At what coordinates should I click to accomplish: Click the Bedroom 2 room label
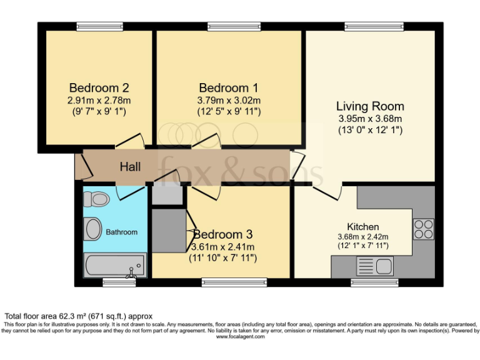tap(99, 87)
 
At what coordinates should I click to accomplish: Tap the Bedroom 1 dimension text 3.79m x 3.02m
tap(229, 100)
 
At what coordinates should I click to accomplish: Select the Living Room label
tap(370, 106)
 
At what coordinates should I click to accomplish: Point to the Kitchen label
tap(362, 226)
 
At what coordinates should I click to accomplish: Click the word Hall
tap(130, 167)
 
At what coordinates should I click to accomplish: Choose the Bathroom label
tap(121, 232)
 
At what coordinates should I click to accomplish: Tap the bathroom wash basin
tap(93, 229)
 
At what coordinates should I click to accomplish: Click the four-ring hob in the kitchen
tap(423, 229)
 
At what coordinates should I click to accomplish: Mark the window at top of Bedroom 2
tap(99, 26)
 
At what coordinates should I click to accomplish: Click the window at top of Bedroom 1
tap(234, 26)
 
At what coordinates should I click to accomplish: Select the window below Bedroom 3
tap(234, 282)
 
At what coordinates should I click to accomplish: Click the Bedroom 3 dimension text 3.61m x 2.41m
tap(222, 247)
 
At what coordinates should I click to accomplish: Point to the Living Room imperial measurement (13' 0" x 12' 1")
tap(370, 130)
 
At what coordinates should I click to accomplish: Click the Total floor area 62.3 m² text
tap(79, 316)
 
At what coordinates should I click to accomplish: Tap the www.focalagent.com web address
tap(240, 337)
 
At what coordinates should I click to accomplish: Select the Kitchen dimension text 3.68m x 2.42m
tap(362, 237)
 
